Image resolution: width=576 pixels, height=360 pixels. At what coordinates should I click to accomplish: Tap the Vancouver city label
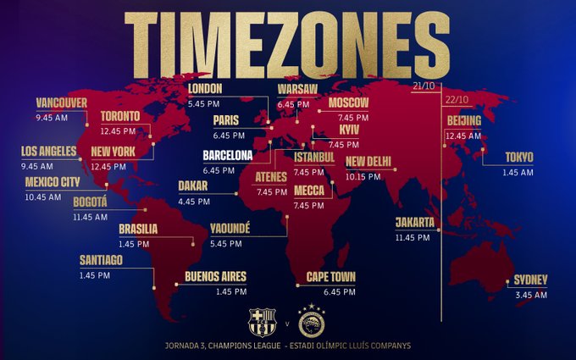(x=61, y=103)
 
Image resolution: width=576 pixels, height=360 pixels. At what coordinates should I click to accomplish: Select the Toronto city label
(x=120, y=116)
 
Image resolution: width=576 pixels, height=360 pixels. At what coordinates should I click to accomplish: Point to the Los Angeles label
(x=48, y=152)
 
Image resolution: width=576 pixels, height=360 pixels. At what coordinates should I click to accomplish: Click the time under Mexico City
(x=43, y=197)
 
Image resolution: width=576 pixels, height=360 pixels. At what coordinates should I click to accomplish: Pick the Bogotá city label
(x=90, y=202)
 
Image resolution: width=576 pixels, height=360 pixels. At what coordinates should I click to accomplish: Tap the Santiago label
(x=102, y=260)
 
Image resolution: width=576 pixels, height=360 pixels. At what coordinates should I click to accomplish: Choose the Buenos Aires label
(x=215, y=277)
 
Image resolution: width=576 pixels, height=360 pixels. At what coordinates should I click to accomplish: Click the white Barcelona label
(x=227, y=156)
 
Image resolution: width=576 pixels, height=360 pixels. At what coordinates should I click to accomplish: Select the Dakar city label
(x=193, y=186)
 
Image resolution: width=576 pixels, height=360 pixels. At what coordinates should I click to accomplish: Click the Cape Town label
(x=331, y=277)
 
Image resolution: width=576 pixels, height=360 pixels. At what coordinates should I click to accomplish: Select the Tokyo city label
(x=519, y=158)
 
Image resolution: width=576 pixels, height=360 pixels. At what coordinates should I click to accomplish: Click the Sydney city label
(x=531, y=280)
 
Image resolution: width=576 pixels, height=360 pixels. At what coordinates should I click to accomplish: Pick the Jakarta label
(x=415, y=223)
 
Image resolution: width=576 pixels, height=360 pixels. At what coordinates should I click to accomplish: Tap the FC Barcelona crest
(x=262, y=322)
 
